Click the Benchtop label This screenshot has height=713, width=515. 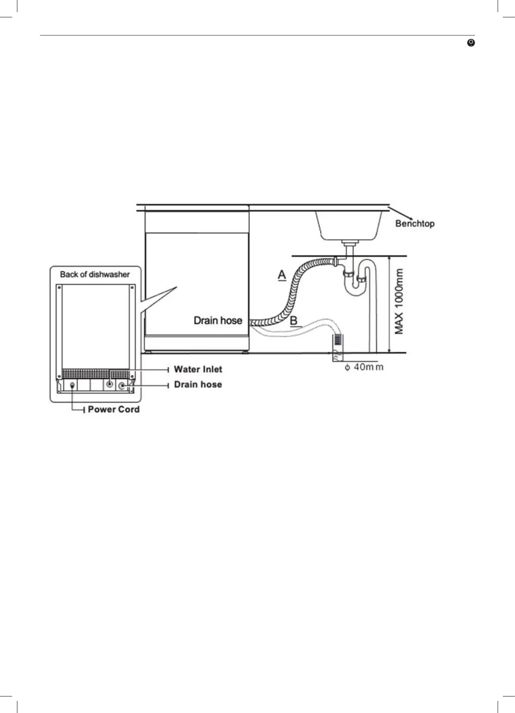click(x=414, y=223)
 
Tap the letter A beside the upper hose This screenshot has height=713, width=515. click(x=282, y=275)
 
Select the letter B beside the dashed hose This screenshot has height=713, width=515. click(x=294, y=321)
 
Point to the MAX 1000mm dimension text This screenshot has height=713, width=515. click(x=399, y=302)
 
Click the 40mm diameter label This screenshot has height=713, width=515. click(x=364, y=367)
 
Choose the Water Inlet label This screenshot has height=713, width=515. click(x=198, y=369)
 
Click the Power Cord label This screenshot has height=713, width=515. click(x=114, y=409)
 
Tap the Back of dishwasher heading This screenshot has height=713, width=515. click(x=95, y=275)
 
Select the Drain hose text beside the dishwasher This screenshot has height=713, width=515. click(x=218, y=321)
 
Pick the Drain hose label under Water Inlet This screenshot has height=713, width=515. click(x=198, y=384)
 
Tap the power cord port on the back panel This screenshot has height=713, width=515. click(x=72, y=385)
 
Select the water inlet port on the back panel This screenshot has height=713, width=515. click(x=109, y=384)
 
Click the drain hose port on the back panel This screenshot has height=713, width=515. click(x=122, y=386)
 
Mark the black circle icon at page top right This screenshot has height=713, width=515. click(x=471, y=43)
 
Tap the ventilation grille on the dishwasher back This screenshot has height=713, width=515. click(x=96, y=373)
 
